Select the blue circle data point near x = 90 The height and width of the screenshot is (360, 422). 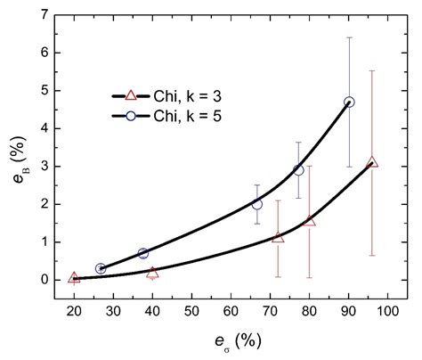pyautogui.click(x=349, y=102)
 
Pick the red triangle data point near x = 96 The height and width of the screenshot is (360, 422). pyautogui.click(x=372, y=162)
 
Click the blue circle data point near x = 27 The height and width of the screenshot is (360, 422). pyautogui.click(x=101, y=268)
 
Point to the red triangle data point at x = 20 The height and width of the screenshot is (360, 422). pyautogui.click(x=74, y=278)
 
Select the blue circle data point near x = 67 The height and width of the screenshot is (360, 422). pyautogui.click(x=257, y=204)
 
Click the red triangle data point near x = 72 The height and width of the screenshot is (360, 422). pyautogui.click(x=278, y=238)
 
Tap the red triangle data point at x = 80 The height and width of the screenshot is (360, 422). pyautogui.click(x=309, y=220)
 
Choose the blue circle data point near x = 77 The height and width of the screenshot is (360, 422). pyautogui.click(x=298, y=169)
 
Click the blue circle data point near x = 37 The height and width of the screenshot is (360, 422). pyautogui.click(x=142, y=253)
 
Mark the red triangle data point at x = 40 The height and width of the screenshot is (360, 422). pyautogui.click(x=152, y=273)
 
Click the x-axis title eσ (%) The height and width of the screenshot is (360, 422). pyautogui.click(x=231, y=340)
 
